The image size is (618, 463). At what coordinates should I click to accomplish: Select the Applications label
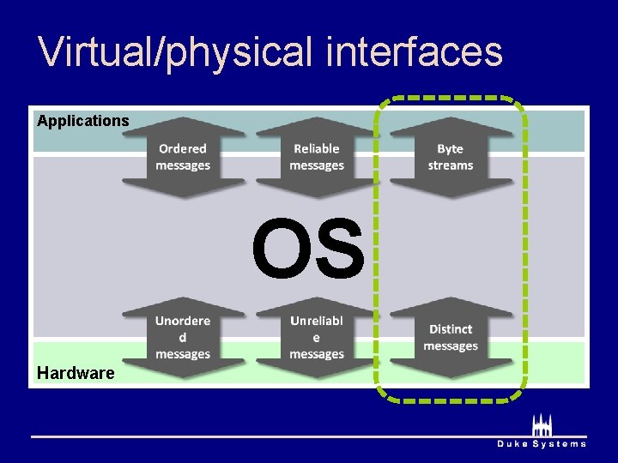tap(83, 121)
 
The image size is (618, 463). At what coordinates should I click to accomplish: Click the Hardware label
tap(76, 373)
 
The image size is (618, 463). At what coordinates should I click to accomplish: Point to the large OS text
tap(308, 250)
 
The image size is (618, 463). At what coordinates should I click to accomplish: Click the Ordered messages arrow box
tap(183, 158)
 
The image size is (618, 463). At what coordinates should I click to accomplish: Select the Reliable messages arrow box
tap(317, 158)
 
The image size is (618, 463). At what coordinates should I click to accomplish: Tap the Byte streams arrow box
tap(451, 158)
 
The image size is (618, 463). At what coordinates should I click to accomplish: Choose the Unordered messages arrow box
tap(183, 337)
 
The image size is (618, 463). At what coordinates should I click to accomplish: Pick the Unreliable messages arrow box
tap(317, 337)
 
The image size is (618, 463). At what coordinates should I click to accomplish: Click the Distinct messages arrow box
tap(451, 337)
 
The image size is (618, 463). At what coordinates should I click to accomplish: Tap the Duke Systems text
tap(542, 443)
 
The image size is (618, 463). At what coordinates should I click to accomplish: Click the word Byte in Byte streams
tap(451, 149)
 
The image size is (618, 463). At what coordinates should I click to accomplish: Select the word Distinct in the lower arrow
tap(451, 329)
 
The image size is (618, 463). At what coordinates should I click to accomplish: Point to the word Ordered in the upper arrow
tap(183, 149)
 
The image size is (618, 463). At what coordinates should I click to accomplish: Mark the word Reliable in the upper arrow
tap(317, 149)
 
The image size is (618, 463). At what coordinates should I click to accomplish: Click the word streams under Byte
tap(451, 165)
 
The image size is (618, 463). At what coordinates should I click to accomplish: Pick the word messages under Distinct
tap(451, 346)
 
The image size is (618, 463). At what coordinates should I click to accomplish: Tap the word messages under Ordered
tap(183, 165)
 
